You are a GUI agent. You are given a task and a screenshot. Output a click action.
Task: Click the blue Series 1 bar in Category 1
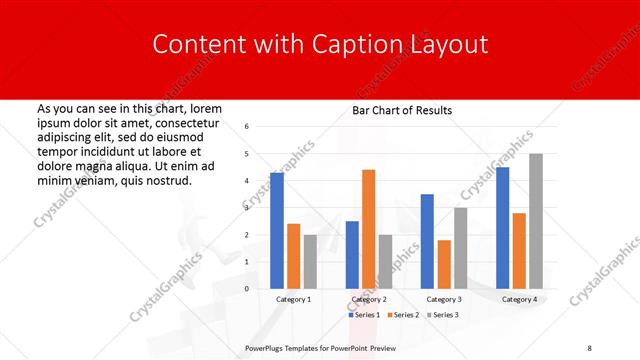277,231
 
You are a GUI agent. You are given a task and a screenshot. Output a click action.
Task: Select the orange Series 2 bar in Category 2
368,229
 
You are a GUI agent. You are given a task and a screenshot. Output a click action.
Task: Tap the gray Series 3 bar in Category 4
536,221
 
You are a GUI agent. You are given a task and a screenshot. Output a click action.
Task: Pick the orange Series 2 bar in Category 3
444,264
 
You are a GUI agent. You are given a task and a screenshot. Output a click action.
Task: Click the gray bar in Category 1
310,262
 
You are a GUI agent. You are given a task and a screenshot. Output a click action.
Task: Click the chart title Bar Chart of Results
402,110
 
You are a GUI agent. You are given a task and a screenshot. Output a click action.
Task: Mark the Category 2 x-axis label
368,299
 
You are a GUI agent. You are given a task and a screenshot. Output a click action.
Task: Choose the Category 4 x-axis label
519,299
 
